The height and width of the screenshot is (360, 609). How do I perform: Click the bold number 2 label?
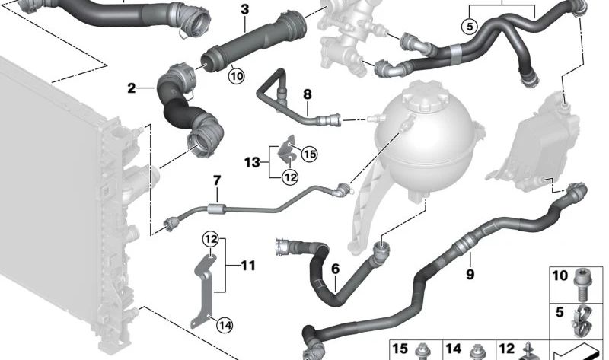tap(132, 88)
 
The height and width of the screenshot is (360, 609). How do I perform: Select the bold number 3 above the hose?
tap(244, 9)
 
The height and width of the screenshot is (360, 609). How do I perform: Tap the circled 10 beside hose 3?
tap(236, 75)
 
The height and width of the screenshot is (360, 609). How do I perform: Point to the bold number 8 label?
tap(308, 94)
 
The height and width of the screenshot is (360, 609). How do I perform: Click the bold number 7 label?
tap(217, 180)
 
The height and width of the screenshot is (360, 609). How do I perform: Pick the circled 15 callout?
tap(310, 155)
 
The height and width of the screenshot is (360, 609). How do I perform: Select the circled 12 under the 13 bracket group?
tap(290, 177)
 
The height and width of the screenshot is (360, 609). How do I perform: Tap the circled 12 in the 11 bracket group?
tap(211, 239)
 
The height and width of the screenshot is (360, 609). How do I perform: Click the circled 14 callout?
tap(225, 325)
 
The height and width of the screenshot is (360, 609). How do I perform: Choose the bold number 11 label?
tap(248, 266)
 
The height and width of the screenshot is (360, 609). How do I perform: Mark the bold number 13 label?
tap(252, 162)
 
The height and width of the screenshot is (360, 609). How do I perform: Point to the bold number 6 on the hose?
tap(335, 269)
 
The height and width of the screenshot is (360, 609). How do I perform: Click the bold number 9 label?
tap(470, 274)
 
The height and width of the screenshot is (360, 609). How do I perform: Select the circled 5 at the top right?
tap(470, 27)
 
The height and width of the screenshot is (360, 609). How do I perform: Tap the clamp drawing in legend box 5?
tap(580, 322)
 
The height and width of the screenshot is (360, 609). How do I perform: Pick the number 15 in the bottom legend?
tap(400, 349)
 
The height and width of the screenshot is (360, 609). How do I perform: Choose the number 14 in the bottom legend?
tap(453, 349)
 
